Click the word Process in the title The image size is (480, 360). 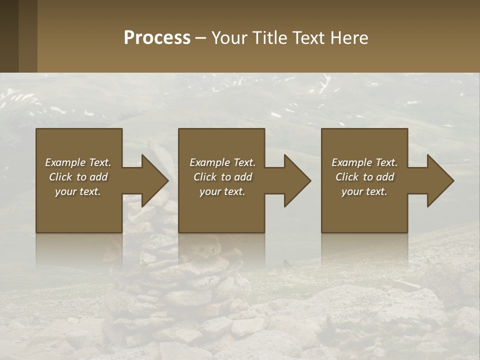(157, 38)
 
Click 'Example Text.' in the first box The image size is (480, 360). (78, 162)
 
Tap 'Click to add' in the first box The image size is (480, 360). (78, 177)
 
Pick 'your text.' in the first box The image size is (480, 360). (78, 191)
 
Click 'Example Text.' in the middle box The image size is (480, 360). (222, 162)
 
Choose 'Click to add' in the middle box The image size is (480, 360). (222, 177)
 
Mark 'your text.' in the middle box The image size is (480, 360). (222, 191)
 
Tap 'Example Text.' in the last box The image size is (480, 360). (364, 162)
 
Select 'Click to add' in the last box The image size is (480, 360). (364, 177)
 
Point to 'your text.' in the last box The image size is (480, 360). (364, 191)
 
